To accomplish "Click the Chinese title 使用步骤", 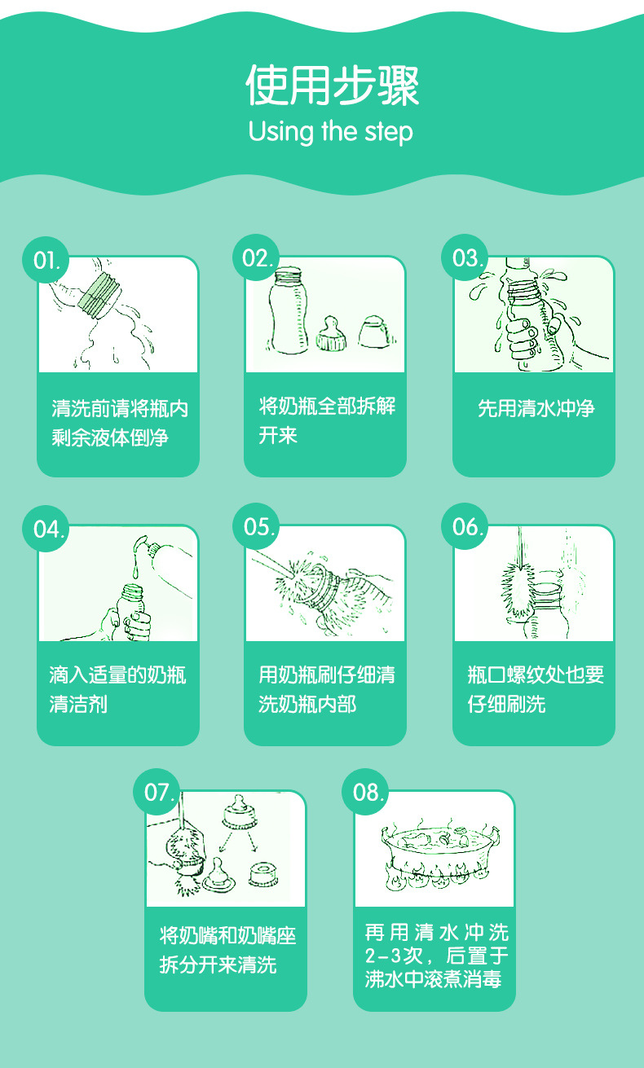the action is [x=332, y=86].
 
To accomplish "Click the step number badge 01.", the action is [x=46, y=260].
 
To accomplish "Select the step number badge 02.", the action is [x=256, y=258].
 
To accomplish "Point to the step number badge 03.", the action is [x=465, y=257].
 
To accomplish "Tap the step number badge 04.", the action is [x=46, y=529].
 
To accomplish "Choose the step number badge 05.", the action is [x=256, y=526].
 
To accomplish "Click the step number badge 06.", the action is [x=465, y=526].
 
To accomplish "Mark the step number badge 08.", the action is [x=365, y=792].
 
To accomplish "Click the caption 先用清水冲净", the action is [x=536, y=408].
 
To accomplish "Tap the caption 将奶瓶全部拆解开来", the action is [x=327, y=420].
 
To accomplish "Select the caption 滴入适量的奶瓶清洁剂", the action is [x=117, y=689].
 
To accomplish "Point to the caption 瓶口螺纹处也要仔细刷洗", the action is [x=536, y=689].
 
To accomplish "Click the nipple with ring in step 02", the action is [x=331, y=333].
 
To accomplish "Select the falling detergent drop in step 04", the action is [x=136, y=571].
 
